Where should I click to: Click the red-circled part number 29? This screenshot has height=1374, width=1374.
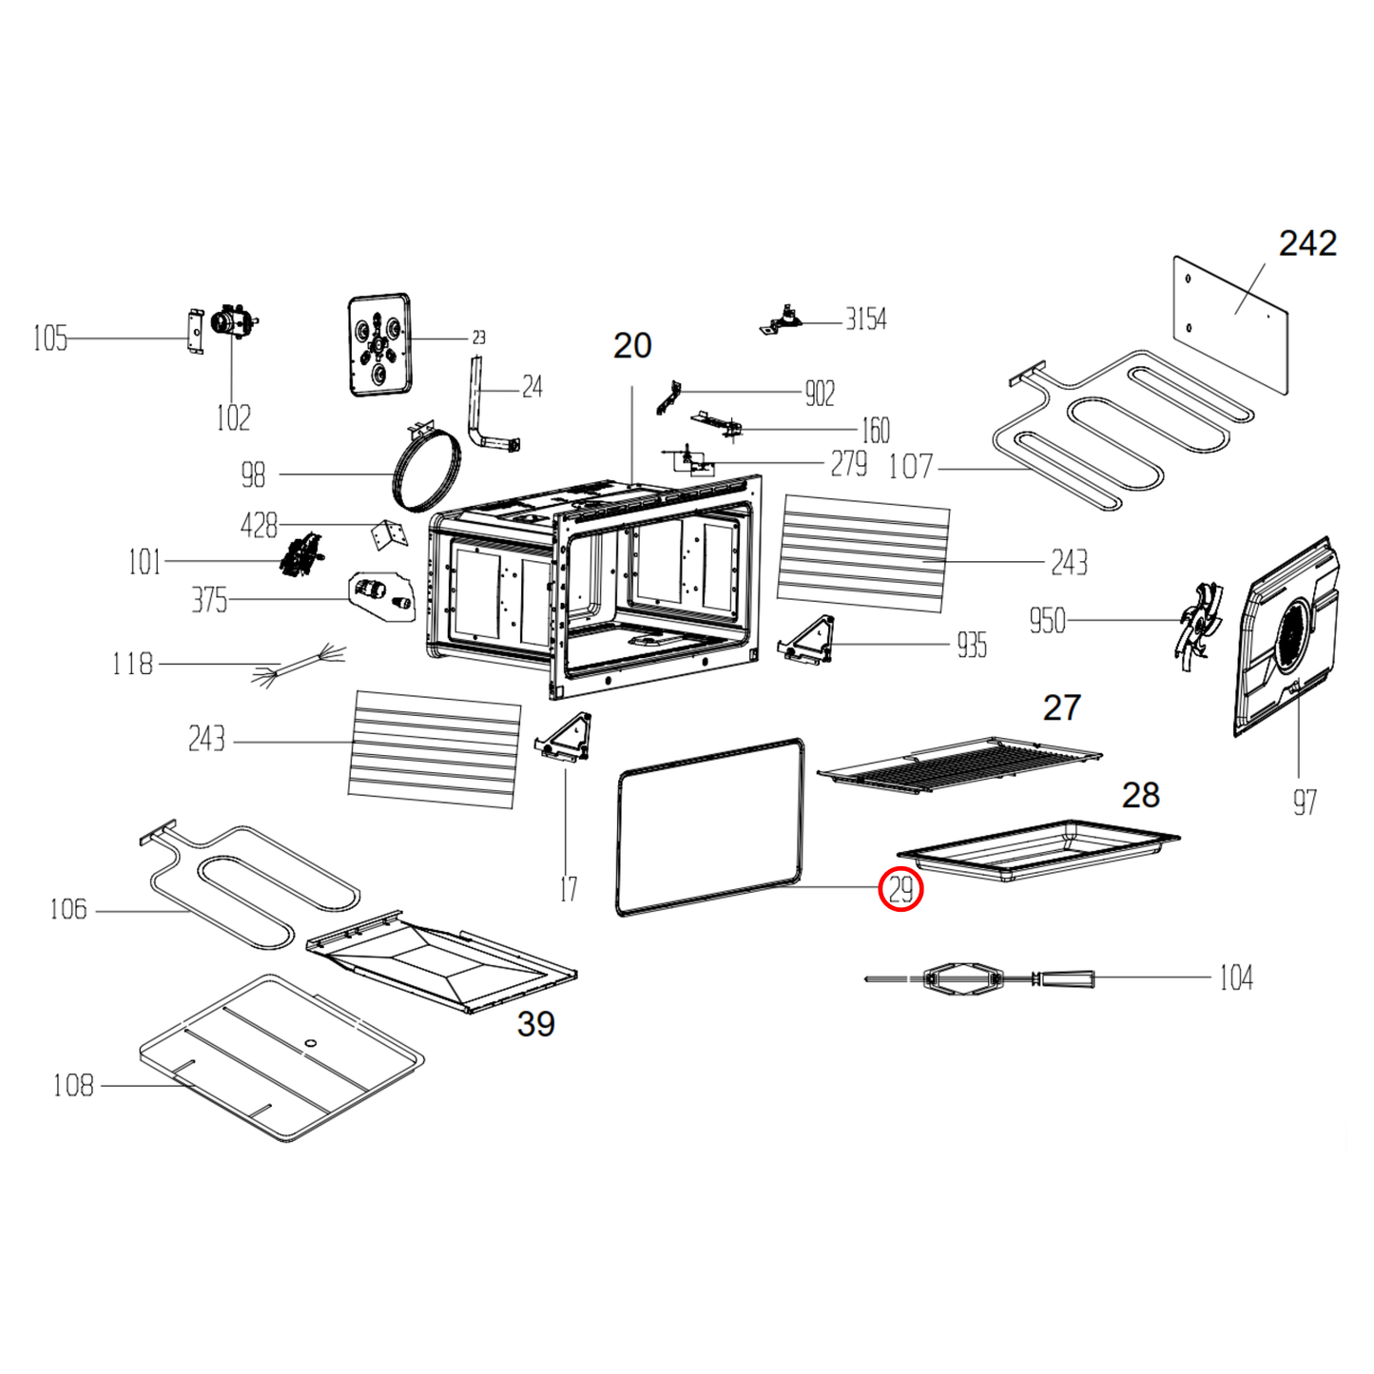click(900, 890)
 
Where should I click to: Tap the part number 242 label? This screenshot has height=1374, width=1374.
click(1306, 243)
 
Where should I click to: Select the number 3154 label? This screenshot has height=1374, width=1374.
click(865, 319)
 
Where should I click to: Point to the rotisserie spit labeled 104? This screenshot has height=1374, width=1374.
click(979, 977)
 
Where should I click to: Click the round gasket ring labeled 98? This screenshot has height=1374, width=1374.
click(426, 472)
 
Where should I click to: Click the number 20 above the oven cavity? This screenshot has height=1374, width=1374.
click(632, 346)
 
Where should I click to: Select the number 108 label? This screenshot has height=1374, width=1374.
click(73, 1085)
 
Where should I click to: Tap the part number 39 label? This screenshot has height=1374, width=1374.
click(535, 1024)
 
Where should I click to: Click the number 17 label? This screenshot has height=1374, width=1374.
click(568, 889)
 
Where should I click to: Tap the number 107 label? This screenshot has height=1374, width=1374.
click(910, 467)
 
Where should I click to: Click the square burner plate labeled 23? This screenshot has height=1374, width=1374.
click(379, 344)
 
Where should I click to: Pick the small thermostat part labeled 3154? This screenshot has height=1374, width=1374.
click(783, 319)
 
